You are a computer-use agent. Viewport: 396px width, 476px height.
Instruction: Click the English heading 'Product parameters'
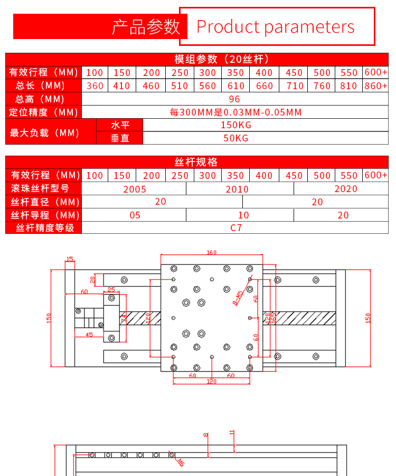point(275,27)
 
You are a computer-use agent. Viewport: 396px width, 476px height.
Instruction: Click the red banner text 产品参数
point(146,27)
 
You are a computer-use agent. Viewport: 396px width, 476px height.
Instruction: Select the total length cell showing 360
point(95,86)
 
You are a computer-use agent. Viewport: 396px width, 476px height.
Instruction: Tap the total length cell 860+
point(376,85)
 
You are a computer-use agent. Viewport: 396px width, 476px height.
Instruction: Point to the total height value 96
point(235,99)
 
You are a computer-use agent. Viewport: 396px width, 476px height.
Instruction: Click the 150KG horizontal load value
point(236,125)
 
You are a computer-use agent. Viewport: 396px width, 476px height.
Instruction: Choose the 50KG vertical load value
point(236,138)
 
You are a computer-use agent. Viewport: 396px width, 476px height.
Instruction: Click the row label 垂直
point(120,138)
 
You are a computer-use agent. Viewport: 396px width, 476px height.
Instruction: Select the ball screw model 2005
point(135,189)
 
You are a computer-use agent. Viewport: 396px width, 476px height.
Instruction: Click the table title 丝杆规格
point(196,162)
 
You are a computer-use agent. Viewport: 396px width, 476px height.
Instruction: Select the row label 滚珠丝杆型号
point(40,188)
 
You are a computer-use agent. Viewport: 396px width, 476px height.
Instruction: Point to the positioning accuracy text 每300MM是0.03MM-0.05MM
point(235,112)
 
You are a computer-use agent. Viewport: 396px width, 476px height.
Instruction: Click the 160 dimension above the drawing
point(212,253)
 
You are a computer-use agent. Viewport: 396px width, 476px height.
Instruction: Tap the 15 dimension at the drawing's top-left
point(70,259)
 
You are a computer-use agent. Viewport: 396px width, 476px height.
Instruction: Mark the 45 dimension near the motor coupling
point(89,335)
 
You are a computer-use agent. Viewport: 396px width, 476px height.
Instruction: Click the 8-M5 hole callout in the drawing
point(238,298)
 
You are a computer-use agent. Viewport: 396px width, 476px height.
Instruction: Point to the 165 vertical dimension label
point(274,318)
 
